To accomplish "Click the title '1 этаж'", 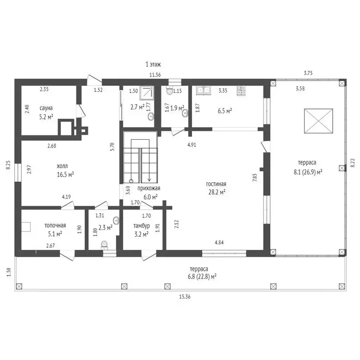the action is (x=153, y=64).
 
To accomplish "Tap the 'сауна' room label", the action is (x=46, y=108).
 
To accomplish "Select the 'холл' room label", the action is (x=62, y=166).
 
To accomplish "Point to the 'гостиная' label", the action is (x=216, y=184).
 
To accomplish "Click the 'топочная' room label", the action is (x=55, y=226).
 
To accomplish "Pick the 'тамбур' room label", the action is (x=142, y=226).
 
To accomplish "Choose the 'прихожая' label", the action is (x=149, y=189).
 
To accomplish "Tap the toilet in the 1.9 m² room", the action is (x=169, y=91).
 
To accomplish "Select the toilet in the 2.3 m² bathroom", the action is (x=104, y=245).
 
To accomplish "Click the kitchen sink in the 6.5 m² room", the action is (x=204, y=90).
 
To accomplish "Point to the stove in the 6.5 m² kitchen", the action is (x=241, y=90).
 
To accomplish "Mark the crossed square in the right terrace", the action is (x=318, y=121).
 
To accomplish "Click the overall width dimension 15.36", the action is (x=185, y=297).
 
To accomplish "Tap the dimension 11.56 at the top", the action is (x=155, y=75).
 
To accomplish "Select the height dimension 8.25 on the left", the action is (x=8, y=165).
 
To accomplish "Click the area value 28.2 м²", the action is (x=217, y=192).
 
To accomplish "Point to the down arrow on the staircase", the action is (x=149, y=165).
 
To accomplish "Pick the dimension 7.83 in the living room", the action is (x=254, y=178).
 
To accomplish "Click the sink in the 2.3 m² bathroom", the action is (x=117, y=220).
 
